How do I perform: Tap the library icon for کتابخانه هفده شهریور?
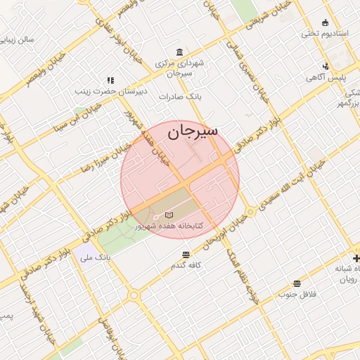[x=168, y=214]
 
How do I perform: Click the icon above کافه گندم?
[x=186, y=255]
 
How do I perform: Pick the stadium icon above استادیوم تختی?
[x=325, y=22]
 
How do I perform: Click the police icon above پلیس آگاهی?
[x=325, y=65]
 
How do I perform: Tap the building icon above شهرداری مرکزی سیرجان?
[x=181, y=53]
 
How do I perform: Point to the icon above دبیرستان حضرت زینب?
[x=110, y=80]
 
